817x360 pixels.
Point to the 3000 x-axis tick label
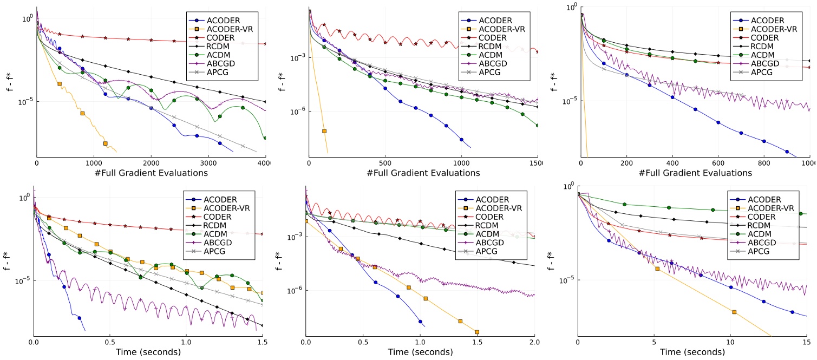point(208,162)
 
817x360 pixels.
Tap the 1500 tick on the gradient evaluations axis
point(536,162)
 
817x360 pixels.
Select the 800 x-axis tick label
point(764,162)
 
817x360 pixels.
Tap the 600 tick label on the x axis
point(718,162)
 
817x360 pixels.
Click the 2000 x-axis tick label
point(151,162)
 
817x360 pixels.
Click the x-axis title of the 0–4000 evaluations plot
point(151,173)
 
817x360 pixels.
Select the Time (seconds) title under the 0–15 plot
point(692,352)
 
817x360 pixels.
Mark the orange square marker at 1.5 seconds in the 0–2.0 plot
point(477,332)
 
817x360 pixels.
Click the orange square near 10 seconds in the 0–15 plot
point(734,312)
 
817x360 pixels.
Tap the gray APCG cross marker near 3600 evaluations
point(243,147)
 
